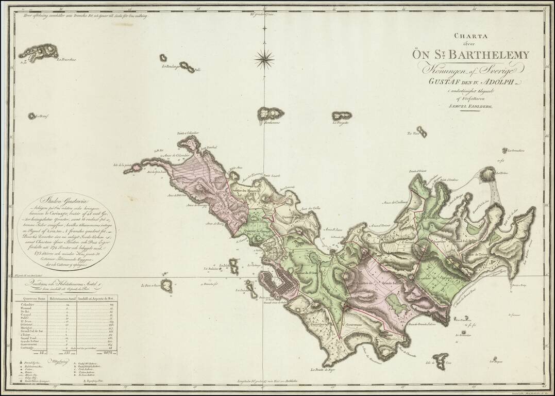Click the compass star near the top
pos(264,59)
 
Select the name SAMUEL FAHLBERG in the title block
pos(470,106)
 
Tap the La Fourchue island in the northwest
pos(39,52)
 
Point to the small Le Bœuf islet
pos(32,116)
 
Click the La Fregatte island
pos(342,115)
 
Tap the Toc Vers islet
pos(422,131)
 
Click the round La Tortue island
pos(486,175)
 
